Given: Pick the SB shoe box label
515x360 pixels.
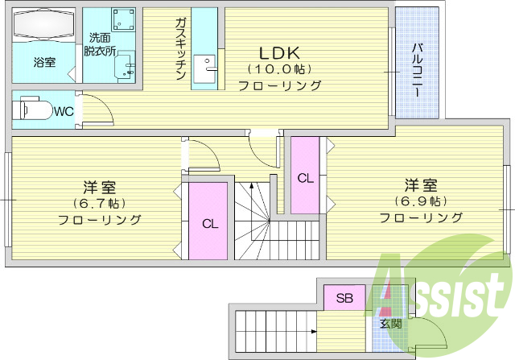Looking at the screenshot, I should pyautogui.click(x=344, y=299).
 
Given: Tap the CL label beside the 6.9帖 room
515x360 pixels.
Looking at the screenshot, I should pyautogui.click(x=305, y=178).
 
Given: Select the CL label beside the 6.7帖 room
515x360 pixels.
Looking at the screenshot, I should pyautogui.click(x=209, y=224).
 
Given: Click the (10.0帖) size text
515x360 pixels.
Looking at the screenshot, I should pyautogui.click(x=280, y=68).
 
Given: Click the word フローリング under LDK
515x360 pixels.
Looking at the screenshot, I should pyautogui.click(x=280, y=85).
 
